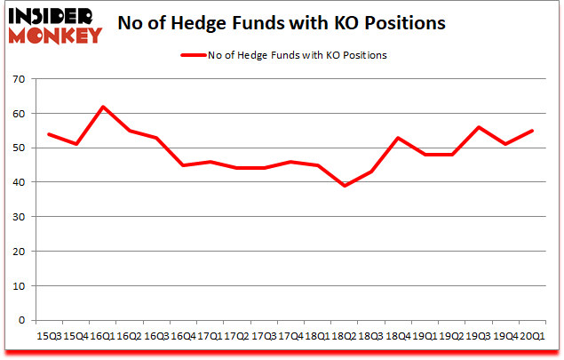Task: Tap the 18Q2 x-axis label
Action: point(345,337)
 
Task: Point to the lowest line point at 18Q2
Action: point(346,186)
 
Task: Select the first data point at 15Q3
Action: point(48,134)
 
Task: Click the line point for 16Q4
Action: point(183,165)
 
